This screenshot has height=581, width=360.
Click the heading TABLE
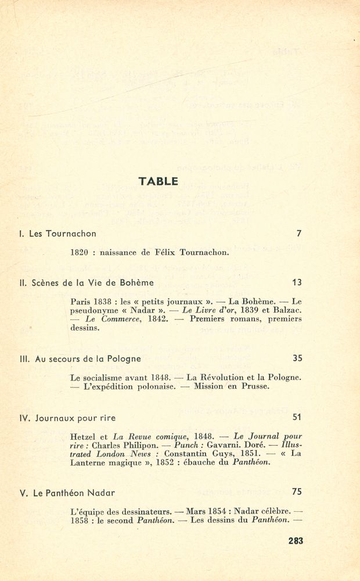pyautogui.click(x=159, y=181)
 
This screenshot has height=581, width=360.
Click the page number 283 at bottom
pyautogui.click(x=295, y=540)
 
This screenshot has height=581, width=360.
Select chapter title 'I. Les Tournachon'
pyautogui.click(x=57, y=234)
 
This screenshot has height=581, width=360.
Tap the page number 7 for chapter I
pyautogui.click(x=298, y=234)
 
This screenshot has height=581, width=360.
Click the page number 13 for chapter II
pyautogui.click(x=297, y=282)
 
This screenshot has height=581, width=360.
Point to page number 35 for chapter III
pyautogui.click(x=297, y=358)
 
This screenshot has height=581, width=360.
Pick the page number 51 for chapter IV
pyautogui.click(x=297, y=417)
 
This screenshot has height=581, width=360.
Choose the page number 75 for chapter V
pyautogui.click(x=297, y=492)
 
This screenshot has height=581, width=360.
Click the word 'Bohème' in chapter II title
pyautogui.click(x=138, y=283)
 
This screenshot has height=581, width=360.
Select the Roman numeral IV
pyautogui.click(x=24, y=418)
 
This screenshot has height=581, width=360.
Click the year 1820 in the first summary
pyautogui.click(x=79, y=253)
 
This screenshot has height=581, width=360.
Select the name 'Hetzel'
pyautogui.click(x=82, y=436)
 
